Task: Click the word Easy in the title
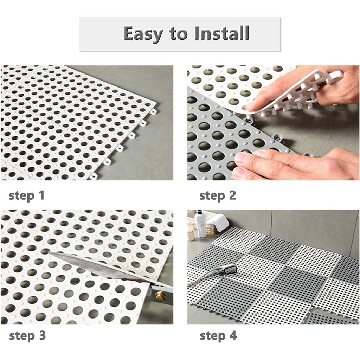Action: (x=143, y=34)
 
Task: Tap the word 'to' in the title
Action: (x=178, y=34)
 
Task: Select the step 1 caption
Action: (x=27, y=196)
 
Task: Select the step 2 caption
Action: (x=218, y=196)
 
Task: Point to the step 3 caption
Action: (x=27, y=336)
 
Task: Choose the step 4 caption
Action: (x=218, y=336)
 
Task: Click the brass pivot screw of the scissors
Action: (x=159, y=296)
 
